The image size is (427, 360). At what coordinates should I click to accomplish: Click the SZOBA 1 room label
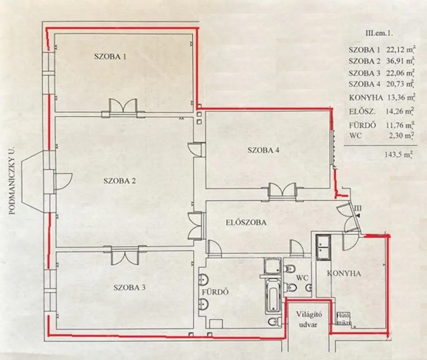(110, 57)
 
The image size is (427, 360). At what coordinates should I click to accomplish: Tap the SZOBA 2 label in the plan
(120, 181)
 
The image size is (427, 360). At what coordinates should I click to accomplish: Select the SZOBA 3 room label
(129, 287)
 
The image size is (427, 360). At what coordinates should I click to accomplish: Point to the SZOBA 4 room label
(263, 150)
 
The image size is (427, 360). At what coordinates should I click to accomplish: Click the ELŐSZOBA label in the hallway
(246, 222)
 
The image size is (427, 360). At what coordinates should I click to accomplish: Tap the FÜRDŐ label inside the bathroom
(215, 292)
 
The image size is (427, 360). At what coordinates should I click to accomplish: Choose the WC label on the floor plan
(302, 278)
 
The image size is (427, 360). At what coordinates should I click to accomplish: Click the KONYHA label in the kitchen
(344, 274)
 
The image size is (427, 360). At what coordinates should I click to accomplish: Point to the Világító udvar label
(309, 319)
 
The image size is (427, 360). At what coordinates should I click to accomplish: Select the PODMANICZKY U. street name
(12, 181)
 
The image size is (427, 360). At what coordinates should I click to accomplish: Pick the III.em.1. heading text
(379, 33)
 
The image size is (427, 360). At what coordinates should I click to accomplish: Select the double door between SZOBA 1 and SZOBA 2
(123, 107)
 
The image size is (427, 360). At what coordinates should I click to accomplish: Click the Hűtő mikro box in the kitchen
(343, 319)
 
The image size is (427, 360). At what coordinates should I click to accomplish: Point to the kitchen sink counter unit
(323, 247)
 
